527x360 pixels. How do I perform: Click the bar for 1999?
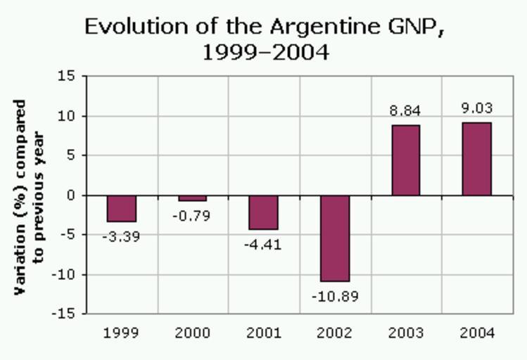tap(122, 209)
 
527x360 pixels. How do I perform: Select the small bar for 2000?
tap(193, 198)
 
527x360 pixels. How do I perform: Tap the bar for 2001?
tap(264, 212)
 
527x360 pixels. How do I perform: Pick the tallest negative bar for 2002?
tap(335, 238)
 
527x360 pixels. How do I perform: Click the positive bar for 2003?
tap(406, 160)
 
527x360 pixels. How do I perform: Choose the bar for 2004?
tap(477, 159)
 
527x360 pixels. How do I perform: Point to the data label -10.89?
tap(335, 297)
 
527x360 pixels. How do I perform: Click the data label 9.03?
tap(477, 109)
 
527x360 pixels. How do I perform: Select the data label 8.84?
tap(406, 110)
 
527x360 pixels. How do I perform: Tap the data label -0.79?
tap(192, 216)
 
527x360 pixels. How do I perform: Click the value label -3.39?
tap(121, 237)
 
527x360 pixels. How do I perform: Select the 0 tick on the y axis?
tap(70, 195)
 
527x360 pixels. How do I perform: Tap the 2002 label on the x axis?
tap(335, 333)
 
